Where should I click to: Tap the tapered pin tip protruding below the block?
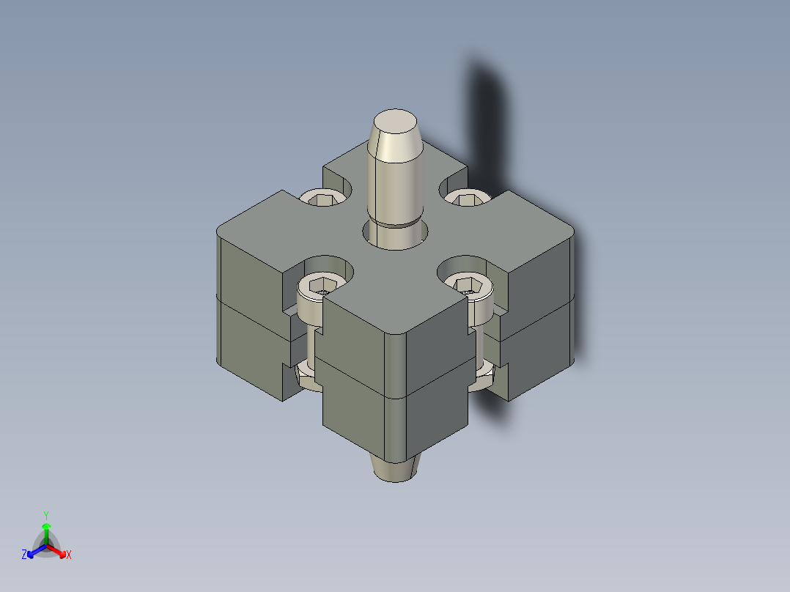click(x=396, y=469)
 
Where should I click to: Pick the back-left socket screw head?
click(x=323, y=197)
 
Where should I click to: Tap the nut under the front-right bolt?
click(x=485, y=376)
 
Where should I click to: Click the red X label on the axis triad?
click(x=69, y=555)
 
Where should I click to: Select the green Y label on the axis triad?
click(x=46, y=514)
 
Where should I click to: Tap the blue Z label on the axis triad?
click(x=24, y=555)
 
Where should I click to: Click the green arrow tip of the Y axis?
click(x=46, y=526)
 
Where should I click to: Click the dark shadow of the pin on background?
click(x=487, y=110)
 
